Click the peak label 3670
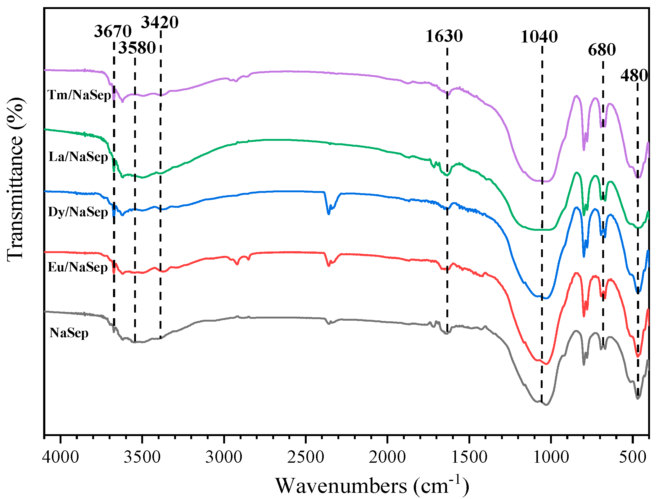click(113, 31)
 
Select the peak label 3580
click(137, 48)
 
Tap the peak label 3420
click(160, 22)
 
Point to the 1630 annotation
click(444, 36)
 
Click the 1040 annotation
click(539, 37)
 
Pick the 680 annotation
click(602, 50)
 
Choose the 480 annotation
click(634, 76)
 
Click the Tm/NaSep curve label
click(79, 95)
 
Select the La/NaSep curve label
click(78, 157)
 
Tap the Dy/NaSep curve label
click(78, 212)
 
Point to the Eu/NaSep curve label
click(78, 267)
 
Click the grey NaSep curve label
click(69, 333)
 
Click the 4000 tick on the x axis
click(61, 457)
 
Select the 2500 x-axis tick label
click(305, 457)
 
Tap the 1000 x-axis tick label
click(551, 457)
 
